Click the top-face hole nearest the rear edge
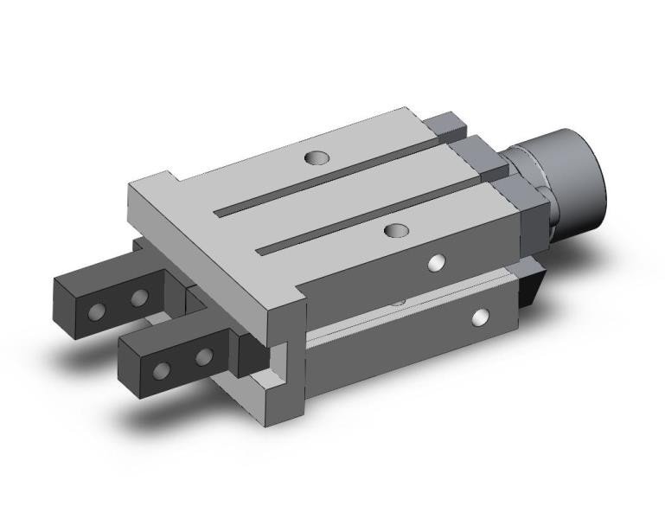pos(317,158)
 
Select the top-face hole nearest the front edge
pos(397,231)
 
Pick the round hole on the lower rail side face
pos(478,318)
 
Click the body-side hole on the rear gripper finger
pos(139,298)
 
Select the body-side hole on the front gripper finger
pos(203,356)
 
